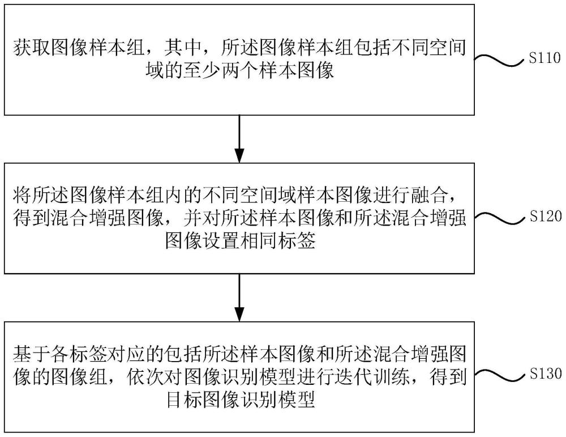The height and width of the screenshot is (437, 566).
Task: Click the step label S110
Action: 544,58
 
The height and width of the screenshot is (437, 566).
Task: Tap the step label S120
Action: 544,217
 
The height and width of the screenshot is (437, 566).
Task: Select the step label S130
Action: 544,374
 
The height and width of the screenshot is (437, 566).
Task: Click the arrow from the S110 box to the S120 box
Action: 239,139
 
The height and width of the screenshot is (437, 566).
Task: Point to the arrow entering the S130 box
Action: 239,298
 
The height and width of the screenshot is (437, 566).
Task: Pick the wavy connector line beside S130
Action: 500,375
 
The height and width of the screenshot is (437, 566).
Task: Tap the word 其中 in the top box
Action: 179,48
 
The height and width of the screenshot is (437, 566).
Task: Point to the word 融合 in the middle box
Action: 434,195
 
